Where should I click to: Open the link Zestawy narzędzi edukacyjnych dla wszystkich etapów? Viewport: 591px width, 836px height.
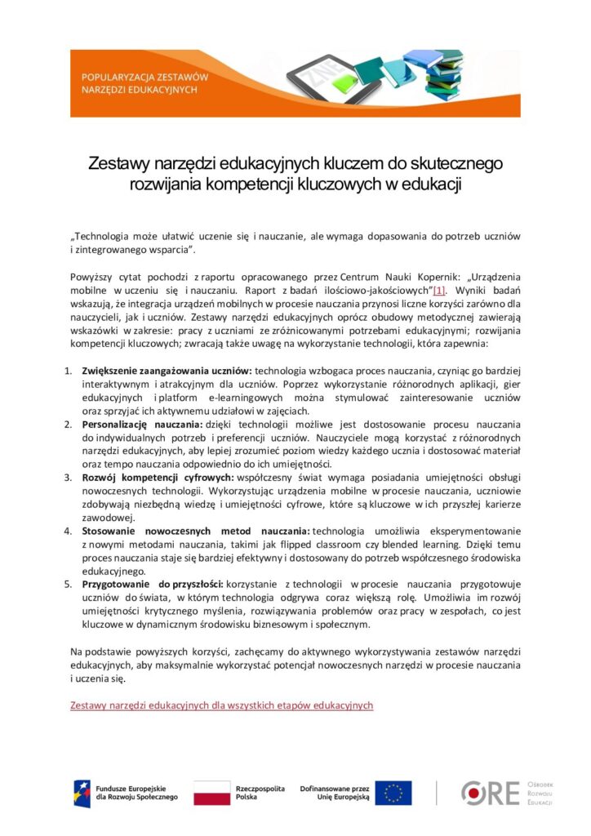point(221,705)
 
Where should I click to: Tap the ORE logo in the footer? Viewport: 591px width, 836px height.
point(490,792)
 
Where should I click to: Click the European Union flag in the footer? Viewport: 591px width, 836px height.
point(393,793)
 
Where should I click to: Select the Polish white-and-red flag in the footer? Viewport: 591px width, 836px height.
point(211,793)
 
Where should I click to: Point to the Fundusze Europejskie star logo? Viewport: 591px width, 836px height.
point(82,793)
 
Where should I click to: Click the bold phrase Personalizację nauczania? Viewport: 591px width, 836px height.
point(142,425)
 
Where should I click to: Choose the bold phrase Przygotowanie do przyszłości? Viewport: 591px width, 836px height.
point(153,585)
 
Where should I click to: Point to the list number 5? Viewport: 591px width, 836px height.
point(69,585)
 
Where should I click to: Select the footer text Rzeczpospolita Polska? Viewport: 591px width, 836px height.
point(260,793)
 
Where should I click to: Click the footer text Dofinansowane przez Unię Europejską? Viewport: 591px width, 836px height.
point(335,793)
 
